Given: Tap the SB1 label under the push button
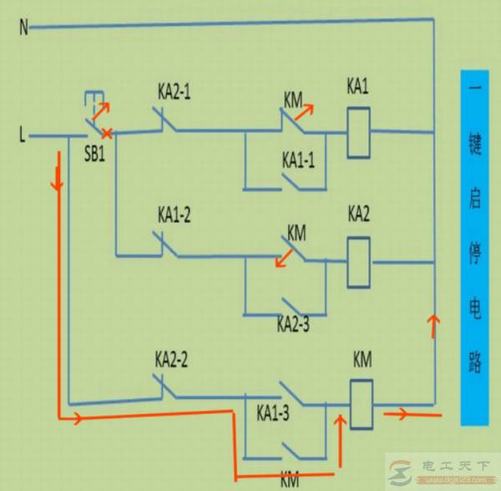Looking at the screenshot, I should (94, 156).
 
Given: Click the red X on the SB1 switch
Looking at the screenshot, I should (107, 133).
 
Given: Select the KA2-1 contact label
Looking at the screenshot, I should (174, 92).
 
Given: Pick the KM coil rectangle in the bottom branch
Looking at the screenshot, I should (362, 405).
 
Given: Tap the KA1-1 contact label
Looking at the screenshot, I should (298, 160).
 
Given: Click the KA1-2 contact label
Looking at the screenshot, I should (174, 215).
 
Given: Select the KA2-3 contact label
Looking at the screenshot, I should (293, 324).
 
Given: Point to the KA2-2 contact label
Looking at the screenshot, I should (171, 360).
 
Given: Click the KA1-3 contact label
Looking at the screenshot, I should (273, 413).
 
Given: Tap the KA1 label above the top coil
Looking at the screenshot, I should (357, 87).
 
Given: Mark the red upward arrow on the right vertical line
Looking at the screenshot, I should (433, 325).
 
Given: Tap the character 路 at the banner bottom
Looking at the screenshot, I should (476, 363).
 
